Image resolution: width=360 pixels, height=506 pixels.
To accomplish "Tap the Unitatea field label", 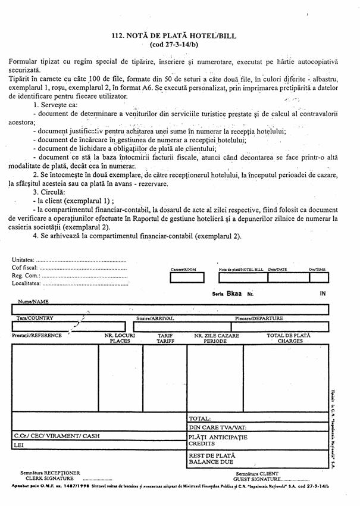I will click(23, 260).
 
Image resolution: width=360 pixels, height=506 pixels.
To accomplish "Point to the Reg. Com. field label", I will click(26, 276).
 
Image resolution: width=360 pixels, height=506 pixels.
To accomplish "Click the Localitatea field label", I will click(27, 283).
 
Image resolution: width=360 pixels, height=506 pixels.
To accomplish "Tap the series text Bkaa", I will click(233, 293).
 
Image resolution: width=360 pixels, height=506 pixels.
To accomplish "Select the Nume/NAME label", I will click(33, 302).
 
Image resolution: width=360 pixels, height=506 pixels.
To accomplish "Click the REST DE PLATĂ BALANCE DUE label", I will click(212, 458).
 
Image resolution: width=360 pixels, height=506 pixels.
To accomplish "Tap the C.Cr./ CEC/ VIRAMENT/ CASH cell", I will click(57, 436).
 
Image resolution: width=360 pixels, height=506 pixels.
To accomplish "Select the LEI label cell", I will click(19, 444).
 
